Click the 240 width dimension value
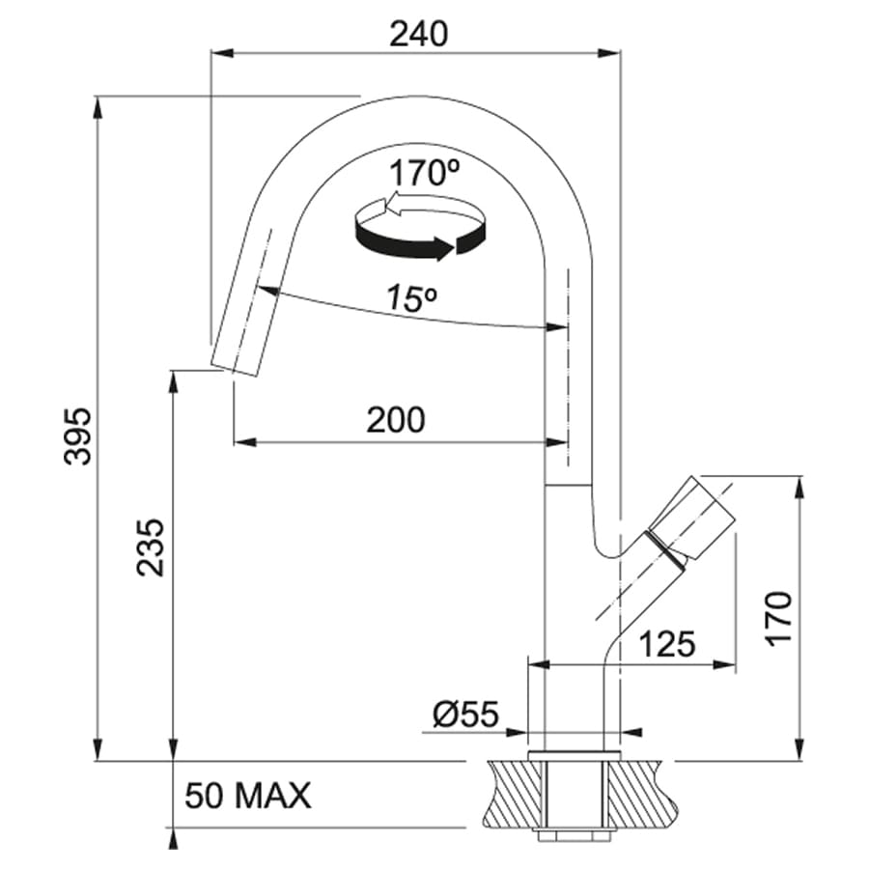[418, 35]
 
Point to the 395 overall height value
[76, 436]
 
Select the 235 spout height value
[151, 547]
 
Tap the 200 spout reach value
[396, 420]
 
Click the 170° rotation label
[425, 173]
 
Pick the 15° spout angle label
[411, 298]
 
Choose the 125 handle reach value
[666, 644]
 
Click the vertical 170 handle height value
[778, 618]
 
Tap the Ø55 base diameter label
[466, 714]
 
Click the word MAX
[272, 796]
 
